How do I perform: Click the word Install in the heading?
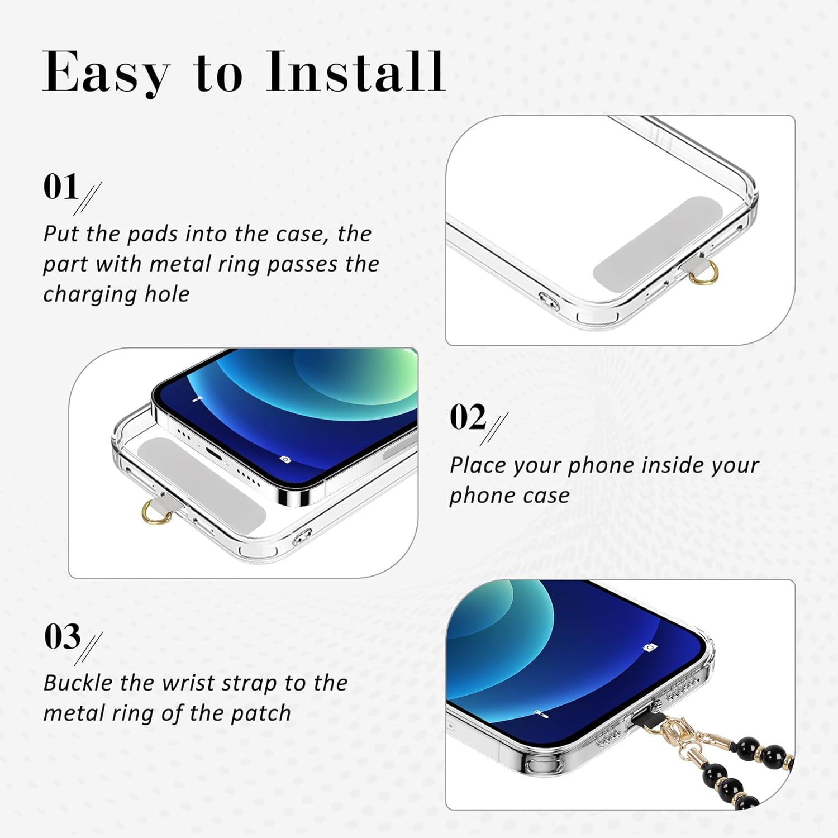[356, 71]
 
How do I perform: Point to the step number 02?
[468, 417]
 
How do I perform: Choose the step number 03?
[62, 636]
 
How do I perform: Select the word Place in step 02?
[478, 465]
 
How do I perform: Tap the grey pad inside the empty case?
[658, 245]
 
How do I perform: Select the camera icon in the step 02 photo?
[285, 459]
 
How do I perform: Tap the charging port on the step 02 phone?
[213, 453]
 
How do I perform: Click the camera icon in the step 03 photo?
[649, 647]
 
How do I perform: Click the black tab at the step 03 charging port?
[649, 718]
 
